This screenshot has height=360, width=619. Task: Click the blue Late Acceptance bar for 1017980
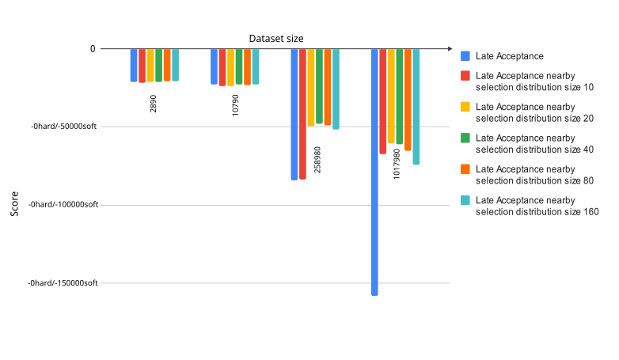tap(374, 172)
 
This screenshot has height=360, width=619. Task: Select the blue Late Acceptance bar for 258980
tap(294, 114)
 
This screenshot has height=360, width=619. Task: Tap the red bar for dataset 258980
tap(302, 114)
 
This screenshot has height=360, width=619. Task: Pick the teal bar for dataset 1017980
tap(416, 106)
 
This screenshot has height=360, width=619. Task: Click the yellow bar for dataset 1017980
tap(391, 96)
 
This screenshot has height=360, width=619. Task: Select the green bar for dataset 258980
tap(319, 86)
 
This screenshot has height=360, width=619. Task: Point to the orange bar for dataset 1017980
tap(408, 100)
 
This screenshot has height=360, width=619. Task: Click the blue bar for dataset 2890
tap(134, 65)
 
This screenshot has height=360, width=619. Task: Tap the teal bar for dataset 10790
tap(256, 66)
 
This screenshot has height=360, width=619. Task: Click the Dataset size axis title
tap(276, 38)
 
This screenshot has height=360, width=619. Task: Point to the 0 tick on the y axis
tap(93, 49)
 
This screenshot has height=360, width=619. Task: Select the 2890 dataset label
tap(154, 103)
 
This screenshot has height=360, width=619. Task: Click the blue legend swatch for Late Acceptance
tap(465, 56)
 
